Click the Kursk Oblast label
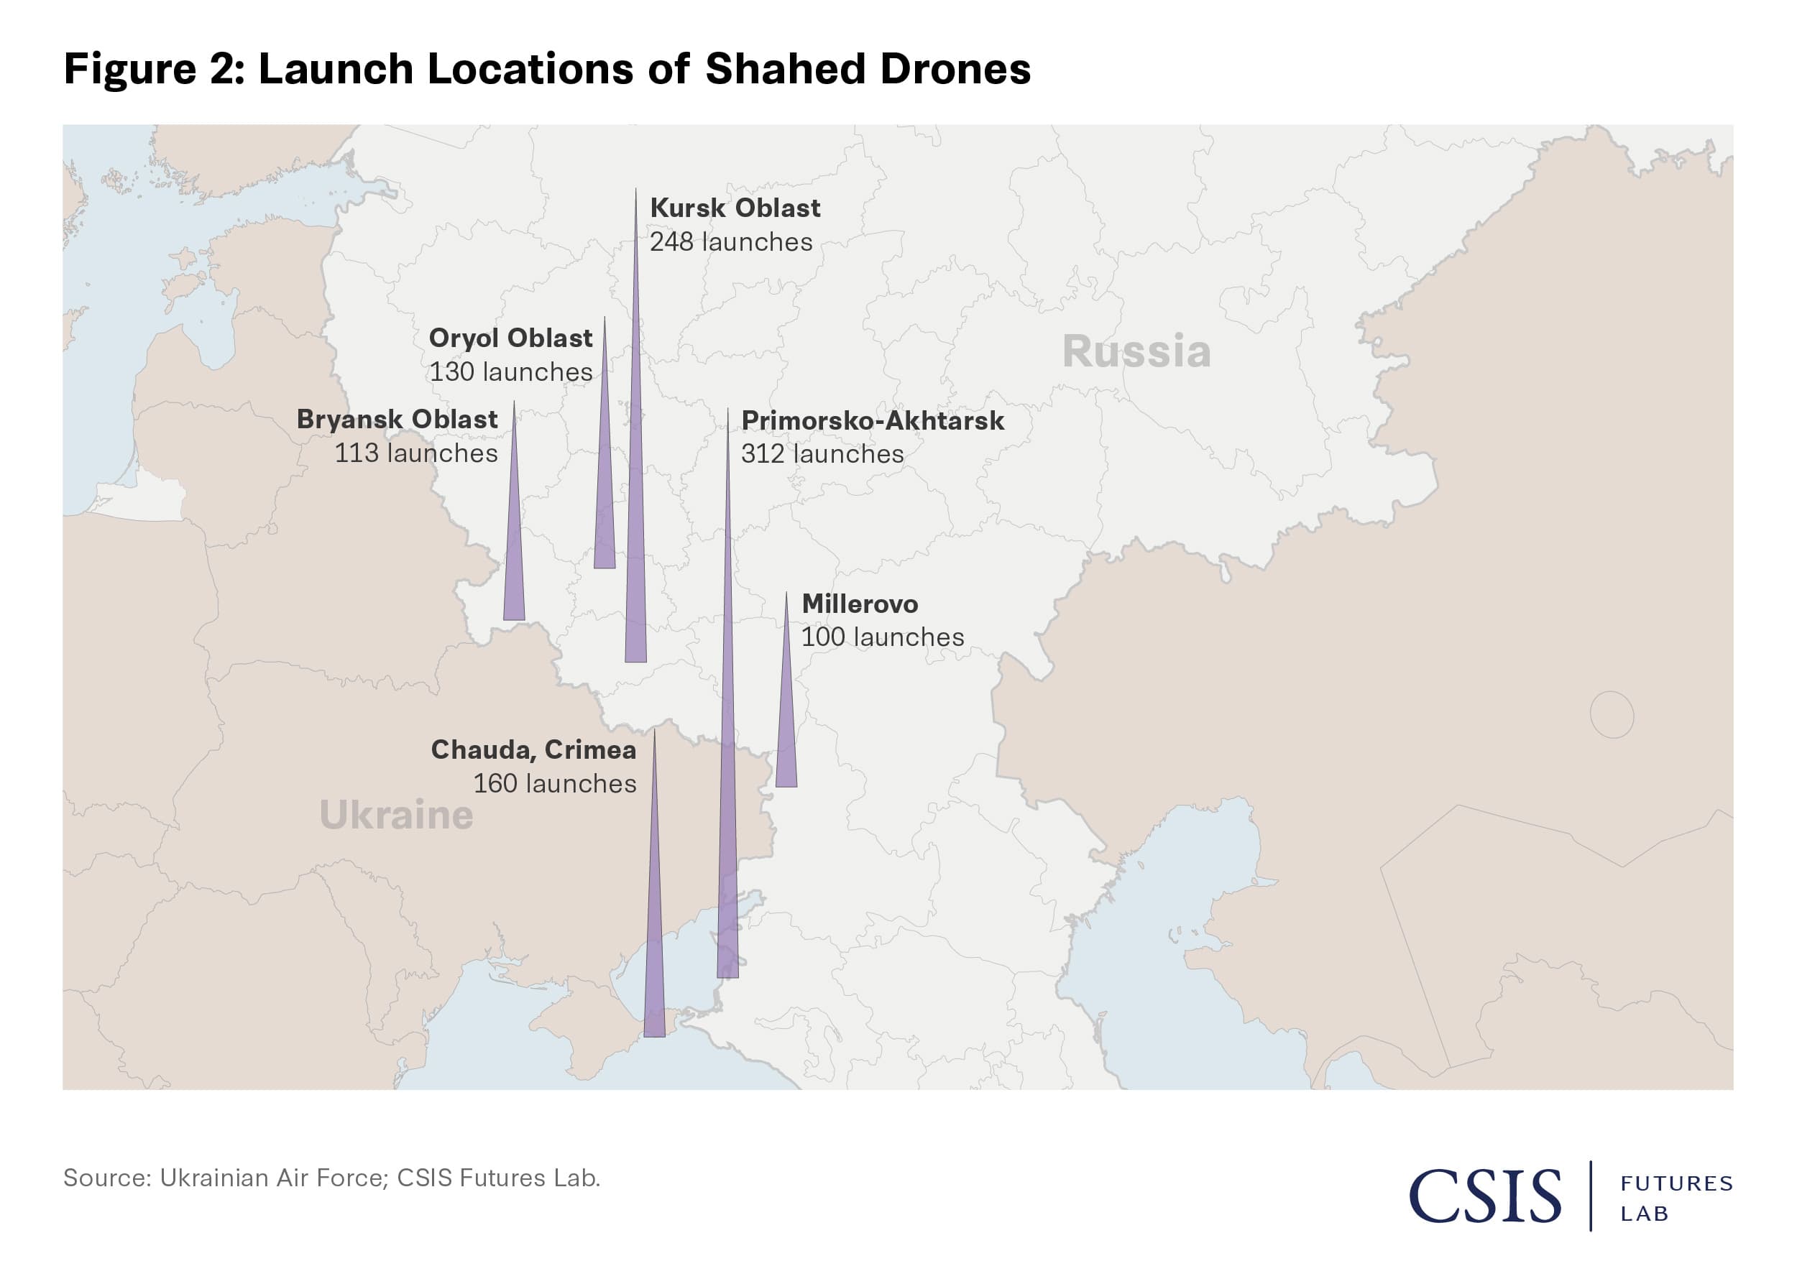tap(735, 208)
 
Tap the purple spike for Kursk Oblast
tap(636, 553)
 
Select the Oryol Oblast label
tap(510, 338)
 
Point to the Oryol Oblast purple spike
tap(605, 506)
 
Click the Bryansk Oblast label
tap(397, 419)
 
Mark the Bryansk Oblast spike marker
tap(514, 569)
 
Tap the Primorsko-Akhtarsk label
tap(873, 420)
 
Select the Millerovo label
tap(860, 604)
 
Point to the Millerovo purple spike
tap(786, 735)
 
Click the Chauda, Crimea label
tap(533, 749)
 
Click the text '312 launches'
tap(822, 454)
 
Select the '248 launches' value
tap(731, 242)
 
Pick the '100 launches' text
tap(883, 637)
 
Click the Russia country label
tap(1136, 351)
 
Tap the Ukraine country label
tap(396, 814)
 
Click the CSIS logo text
tap(1484, 1196)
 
